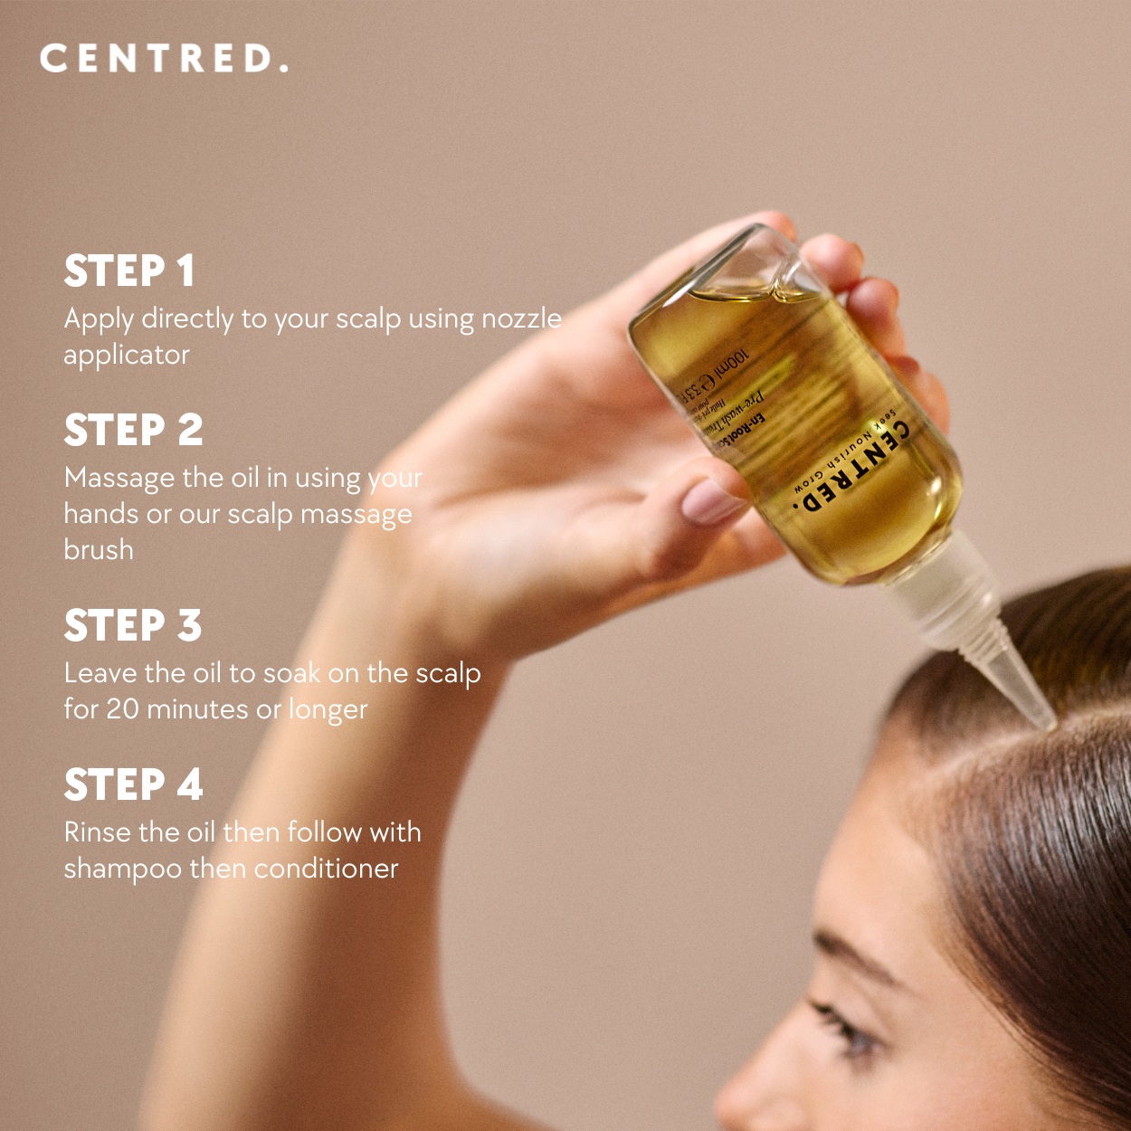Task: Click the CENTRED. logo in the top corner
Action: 164,59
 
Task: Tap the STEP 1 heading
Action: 129,271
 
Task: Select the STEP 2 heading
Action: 133,431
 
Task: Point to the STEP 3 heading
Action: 132,626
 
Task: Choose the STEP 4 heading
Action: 133,785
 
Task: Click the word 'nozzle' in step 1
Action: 521,319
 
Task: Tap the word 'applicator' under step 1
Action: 126,356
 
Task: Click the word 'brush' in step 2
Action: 99,550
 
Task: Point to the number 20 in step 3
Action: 122,709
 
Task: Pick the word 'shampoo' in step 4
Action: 122,870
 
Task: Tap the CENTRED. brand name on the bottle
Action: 849,469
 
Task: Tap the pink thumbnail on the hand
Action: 711,501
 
